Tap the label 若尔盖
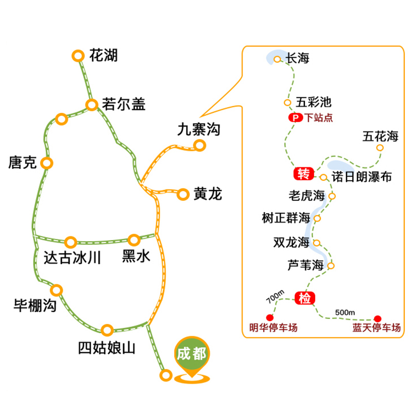(x=124, y=104)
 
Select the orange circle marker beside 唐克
(x=47, y=163)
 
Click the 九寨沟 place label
(x=199, y=129)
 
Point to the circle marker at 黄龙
(x=183, y=195)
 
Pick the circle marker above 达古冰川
(x=71, y=242)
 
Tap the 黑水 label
(x=136, y=256)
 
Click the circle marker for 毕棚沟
(x=56, y=290)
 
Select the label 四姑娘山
(x=107, y=348)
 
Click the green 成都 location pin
(x=192, y=357)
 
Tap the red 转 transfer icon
(x=304, y=174)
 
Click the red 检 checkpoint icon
(x=305, y=298)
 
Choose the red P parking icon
(x=296, y=117)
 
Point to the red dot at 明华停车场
(x=270, y=317)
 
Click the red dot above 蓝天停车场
(x=377, y=319)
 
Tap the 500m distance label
(x=345, y=313)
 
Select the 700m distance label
(x=275, y=297)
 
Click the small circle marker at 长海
(x=277, y=59)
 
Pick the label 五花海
(x=381, y=136)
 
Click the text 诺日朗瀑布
(x=362, y=177)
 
